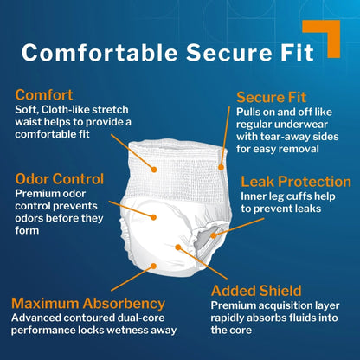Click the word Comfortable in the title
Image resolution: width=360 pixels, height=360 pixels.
click(x=100, y=53)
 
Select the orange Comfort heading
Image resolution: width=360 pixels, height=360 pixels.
click(x=44, y=95)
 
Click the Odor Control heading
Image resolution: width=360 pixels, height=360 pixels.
click(x=60, y=179)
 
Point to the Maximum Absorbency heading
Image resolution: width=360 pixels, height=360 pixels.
click(x=88, y=304)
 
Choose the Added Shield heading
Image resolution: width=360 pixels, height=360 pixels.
click(x=256, y=291)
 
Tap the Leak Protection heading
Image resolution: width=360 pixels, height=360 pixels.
click(x=296, y=182)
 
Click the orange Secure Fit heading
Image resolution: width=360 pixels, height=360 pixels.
click(x=271, y=98)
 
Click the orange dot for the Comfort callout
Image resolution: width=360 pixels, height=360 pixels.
click(x=154, y=170)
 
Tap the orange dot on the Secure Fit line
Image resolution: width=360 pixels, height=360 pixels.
click(x=221, y=167)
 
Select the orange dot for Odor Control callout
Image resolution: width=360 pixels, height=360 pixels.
click(x=154, y=217)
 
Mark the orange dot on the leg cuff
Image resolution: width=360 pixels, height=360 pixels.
click(x=214, y=235)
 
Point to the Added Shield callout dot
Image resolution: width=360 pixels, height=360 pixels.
click(x=178, y=247)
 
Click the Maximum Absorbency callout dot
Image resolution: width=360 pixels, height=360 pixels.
click(x=154, y=266)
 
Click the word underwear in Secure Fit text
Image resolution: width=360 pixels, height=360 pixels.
click(x=301, y=125)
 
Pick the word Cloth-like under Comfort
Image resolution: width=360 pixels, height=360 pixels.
click(x=66, y=110)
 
